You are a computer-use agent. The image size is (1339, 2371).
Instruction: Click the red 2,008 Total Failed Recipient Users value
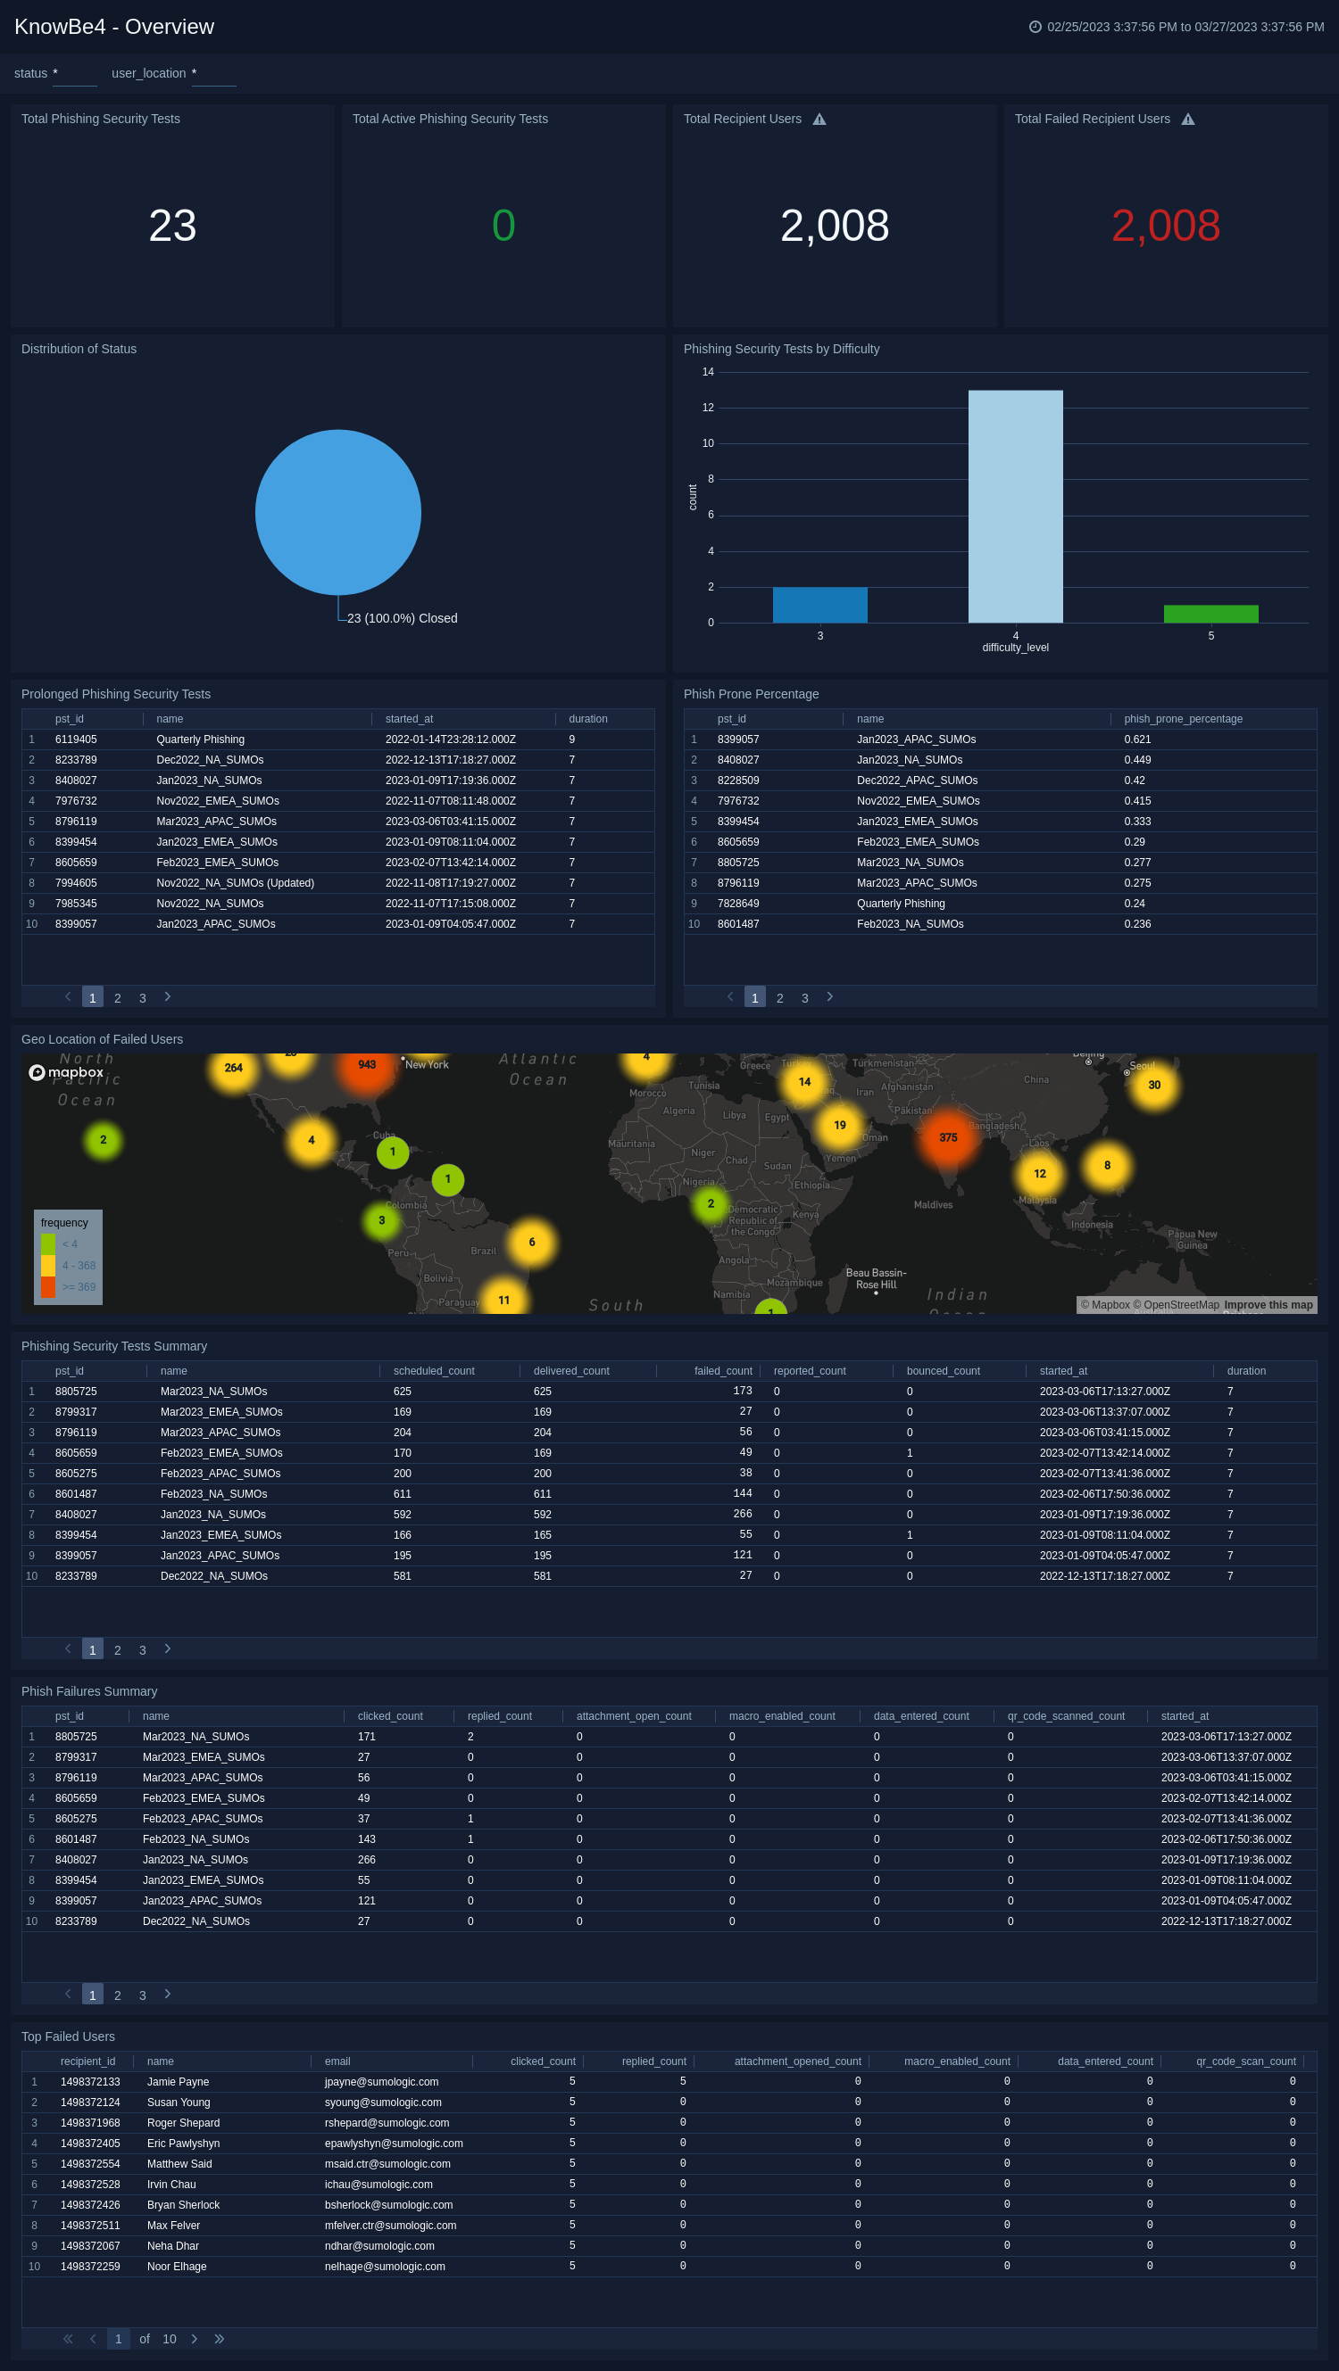(x=1165, y=227)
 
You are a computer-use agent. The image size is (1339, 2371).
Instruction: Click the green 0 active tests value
(x=503, y=227)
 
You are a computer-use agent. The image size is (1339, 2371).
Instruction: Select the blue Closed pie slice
(x=338, y=512)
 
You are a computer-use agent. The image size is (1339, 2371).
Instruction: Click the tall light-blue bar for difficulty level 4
(x=1015, y=507)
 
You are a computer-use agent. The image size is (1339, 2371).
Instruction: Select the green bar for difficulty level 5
(x=1210, y=614)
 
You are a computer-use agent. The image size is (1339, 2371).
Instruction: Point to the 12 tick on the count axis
(x=707, y=408)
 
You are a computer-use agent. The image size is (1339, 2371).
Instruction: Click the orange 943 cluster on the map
(x=367, y=1065)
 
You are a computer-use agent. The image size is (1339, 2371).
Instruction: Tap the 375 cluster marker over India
(x=948, y=1137)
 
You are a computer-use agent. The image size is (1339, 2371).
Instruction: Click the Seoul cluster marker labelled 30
(x=1154, y=1086)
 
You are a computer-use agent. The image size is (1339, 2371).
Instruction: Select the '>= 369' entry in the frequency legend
(x=79, y=1287)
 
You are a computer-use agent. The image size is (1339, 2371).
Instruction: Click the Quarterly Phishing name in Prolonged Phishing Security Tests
(x=200, y=740)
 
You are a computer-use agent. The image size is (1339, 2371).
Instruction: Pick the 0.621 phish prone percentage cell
(x=1137, y=740)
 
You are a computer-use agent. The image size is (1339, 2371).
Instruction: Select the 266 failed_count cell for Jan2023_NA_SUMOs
(x=742, y=1514)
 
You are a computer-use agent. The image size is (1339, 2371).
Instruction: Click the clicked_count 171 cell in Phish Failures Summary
(x=367, y=1737)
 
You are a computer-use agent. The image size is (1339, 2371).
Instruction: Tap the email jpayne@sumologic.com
(x=381, y=2082)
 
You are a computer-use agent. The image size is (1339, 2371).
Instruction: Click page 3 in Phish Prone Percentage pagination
(x=805, y=999)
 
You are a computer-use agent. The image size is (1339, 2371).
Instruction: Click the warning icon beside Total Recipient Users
(x=819, y=120)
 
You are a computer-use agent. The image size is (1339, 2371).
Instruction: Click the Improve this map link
(x=1268, y=1305)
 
